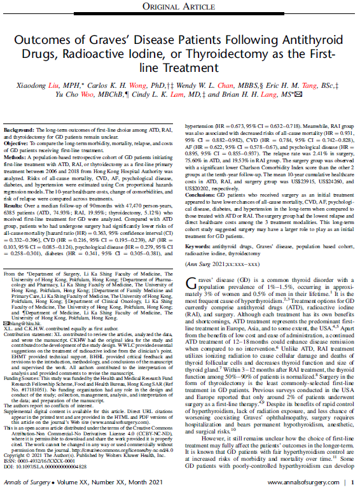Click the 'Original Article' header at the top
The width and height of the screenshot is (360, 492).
179,7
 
